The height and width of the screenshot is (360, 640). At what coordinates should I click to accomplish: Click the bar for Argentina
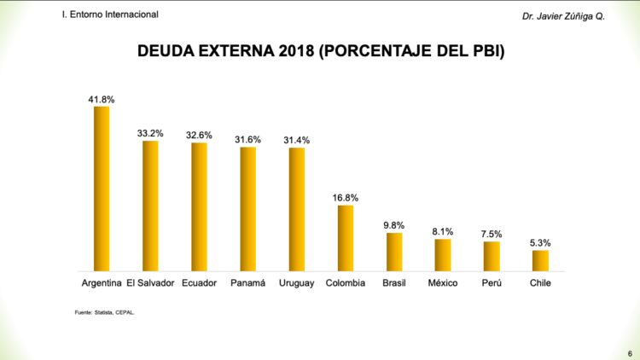click(x=102, y=188)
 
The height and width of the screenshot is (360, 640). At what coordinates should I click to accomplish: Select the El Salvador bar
click(x=150, y=206)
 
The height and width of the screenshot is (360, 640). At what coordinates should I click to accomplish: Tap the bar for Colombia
click(x=346, y=238)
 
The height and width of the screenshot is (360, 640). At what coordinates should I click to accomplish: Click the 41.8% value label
click(x=102, y=100)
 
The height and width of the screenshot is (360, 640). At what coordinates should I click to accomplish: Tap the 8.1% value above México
click(x=443, y=231)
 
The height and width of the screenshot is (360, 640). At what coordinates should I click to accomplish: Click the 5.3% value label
click(x=540, y=243)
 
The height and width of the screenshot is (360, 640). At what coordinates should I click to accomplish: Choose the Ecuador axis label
click(x=199, y=283)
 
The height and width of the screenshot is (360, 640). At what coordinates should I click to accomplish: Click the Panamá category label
click(x=248, y=283)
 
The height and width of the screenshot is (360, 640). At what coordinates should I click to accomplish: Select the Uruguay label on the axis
click(x=297, y=283)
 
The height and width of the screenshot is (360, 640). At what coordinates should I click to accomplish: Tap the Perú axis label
click(x=492, y=283)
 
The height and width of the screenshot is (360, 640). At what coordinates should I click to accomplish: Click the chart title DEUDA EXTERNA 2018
click(x=321, y=52)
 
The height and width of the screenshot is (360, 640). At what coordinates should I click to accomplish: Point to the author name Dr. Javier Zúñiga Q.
click(x=564, y=16)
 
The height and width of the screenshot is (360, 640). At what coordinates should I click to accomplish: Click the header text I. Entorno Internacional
click(x=110, y=15)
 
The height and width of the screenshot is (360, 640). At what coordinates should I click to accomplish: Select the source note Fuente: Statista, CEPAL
click(x=105, y=313)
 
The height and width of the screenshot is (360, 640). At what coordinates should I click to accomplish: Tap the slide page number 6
click(x=630, y=351)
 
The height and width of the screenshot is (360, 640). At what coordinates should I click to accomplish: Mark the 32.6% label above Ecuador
click(x=199, y=135)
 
